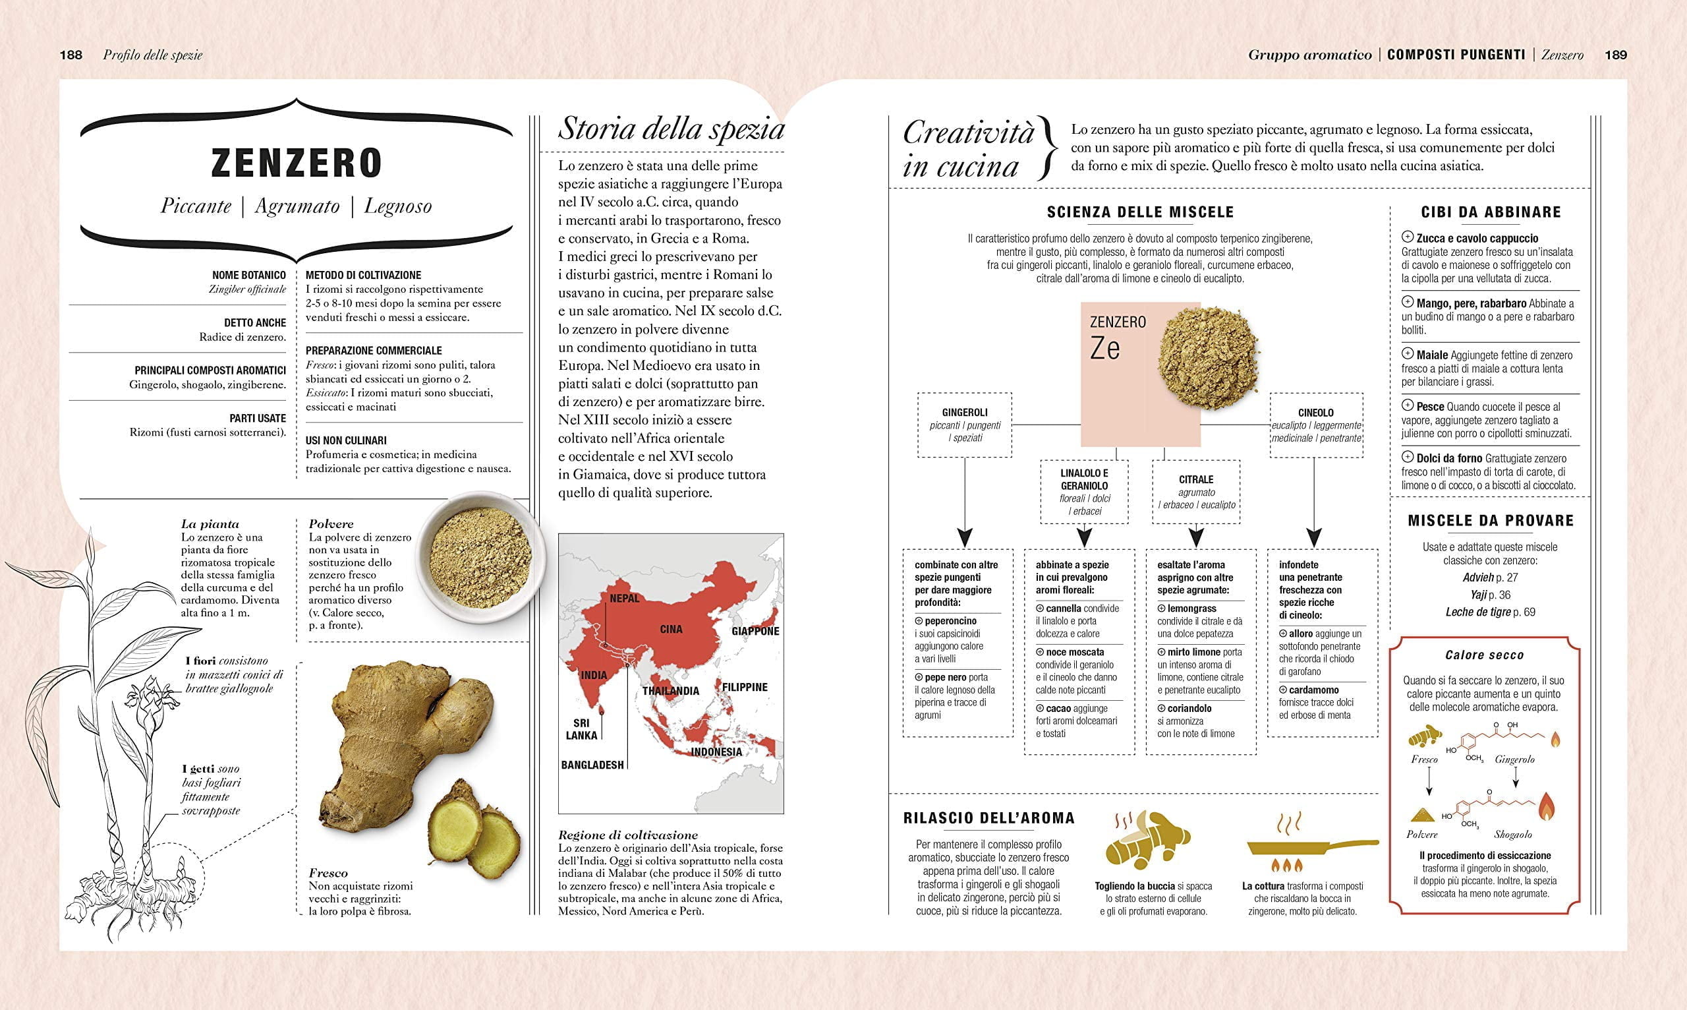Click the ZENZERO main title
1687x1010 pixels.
[x=297, y=163]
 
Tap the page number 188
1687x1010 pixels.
[x=71, y=55]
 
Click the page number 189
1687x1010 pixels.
[x=1616, y=55]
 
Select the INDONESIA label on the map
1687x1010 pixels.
[x=716, y=752]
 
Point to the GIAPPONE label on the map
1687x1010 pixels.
[x=755, y=631]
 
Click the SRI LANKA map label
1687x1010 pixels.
[x=582, y=729]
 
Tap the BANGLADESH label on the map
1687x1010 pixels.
[x=592, y=765]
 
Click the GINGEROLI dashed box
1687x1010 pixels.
[x=965, y=425]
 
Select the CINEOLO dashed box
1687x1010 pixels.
[x=1315, y=425]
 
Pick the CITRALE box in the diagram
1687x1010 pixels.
[x=1196, y=491]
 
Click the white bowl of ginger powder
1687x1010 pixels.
[x=480, y=557]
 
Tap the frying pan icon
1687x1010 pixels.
[x=1309, y=847]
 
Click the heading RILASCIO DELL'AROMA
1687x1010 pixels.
[x=988, y=818]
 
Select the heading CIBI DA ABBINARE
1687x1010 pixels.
[x=1490, y=212]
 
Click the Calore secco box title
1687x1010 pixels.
[x=1484, y=655]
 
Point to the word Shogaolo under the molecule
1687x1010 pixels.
[x=1513, y=835]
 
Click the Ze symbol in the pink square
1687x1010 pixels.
[x=1104, y=349]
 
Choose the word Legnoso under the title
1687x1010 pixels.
[x=398, y=206]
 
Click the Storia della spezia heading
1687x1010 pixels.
[x=671, y=129]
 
